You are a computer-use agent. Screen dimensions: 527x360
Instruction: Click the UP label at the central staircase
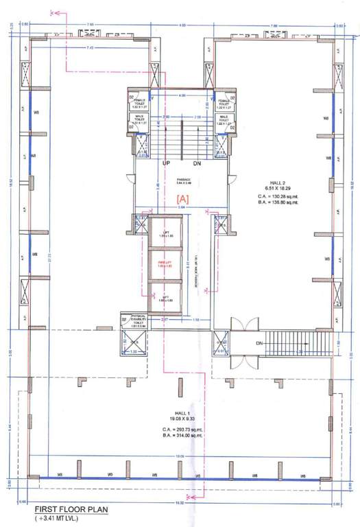(166, 165)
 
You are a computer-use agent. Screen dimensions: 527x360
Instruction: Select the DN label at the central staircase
(196, 165)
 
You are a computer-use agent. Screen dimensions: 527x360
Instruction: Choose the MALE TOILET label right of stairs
(224, 119)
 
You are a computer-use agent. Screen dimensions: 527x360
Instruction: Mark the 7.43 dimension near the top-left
(91, 48)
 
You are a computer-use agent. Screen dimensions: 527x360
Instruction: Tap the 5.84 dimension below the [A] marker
(182, 207)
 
